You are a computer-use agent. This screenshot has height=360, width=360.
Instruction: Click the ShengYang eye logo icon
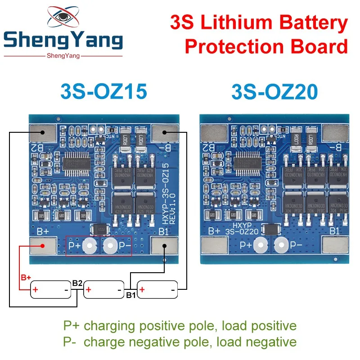[63, 18]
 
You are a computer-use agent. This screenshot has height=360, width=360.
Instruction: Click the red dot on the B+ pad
[41, 246]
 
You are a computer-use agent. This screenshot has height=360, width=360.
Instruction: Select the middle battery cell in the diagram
[104, 289]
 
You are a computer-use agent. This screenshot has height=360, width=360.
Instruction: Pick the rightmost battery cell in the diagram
[157, 289]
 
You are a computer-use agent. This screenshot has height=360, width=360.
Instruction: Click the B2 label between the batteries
[76, 283]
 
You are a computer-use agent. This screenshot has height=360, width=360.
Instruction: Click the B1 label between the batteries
[130, 296]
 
